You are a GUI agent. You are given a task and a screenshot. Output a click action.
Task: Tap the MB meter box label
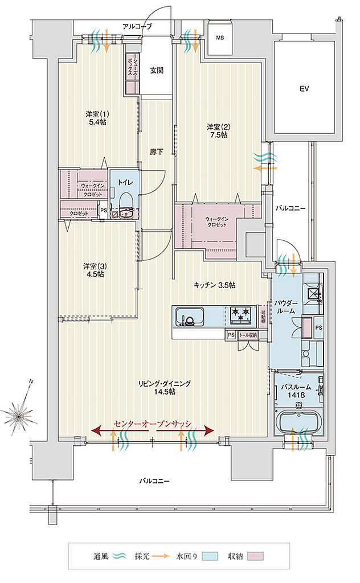coord(219,38)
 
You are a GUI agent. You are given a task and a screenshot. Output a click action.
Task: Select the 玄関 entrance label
coord(157,71)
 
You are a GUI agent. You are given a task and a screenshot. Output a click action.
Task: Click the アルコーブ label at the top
coord(137,26)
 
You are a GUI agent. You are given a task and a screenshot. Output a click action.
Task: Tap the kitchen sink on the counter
coord(191,315)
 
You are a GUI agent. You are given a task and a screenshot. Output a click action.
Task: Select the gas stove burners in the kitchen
coord(241,313)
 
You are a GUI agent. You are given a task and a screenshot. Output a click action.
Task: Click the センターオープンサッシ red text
coord(153,424)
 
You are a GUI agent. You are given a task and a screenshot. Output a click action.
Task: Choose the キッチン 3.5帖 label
coord(214,285)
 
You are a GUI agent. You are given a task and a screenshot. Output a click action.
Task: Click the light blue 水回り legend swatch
coord(210,556)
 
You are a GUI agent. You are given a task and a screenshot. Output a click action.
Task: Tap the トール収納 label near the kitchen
coord(247,335)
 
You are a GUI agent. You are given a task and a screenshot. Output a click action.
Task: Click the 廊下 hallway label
coord(157,152)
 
